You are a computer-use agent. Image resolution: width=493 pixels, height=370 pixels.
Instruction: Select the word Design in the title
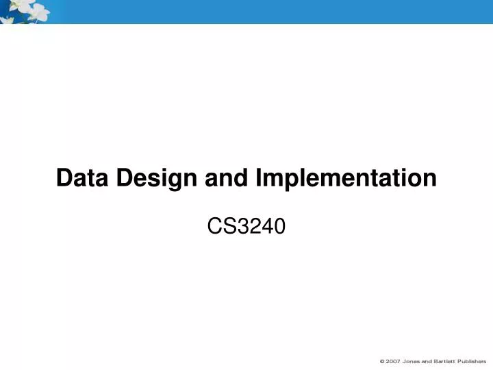coord(158,178)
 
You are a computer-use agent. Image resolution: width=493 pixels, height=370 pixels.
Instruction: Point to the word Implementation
coord(346,178)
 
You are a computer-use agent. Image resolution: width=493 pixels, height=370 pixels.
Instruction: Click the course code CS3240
coord(246,226)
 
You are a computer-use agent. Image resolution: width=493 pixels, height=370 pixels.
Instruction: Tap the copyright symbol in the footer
coord(383,360)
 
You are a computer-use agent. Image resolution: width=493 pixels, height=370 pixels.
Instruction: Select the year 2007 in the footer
coord(394,360)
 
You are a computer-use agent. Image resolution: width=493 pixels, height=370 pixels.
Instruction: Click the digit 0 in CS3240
coord(279,226)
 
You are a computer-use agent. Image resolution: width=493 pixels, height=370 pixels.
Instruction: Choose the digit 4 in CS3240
coord(268,226)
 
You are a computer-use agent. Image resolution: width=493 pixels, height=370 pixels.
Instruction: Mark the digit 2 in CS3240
coord(255,226)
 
